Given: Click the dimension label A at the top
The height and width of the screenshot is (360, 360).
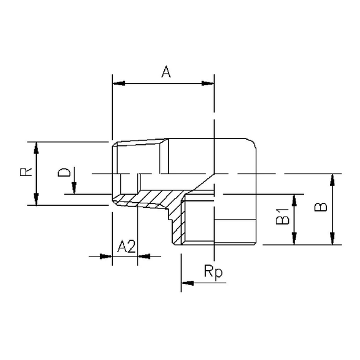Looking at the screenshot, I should click(166, 72).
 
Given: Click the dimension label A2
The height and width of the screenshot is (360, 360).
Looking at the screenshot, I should click(128, 246).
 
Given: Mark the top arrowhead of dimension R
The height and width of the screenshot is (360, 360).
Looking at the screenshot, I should click(37, 147).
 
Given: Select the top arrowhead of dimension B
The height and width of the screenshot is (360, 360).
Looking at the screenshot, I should click(335, 178).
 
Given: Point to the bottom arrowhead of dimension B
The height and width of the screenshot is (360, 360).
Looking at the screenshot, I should click(335, 240).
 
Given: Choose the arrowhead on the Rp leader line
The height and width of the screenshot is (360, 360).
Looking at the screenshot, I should click(187, 284).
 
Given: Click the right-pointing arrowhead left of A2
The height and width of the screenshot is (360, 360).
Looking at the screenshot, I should click(106, 255).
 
